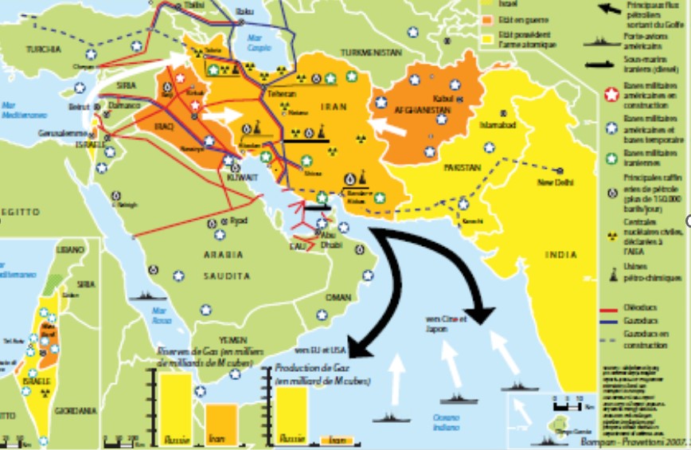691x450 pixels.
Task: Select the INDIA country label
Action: (561, 255)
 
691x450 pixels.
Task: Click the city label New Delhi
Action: (557, 182)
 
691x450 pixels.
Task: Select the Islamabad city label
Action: (498, 126)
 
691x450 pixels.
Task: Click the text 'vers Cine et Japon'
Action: (445, 323)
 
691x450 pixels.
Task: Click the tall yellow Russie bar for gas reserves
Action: (175, 406)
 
